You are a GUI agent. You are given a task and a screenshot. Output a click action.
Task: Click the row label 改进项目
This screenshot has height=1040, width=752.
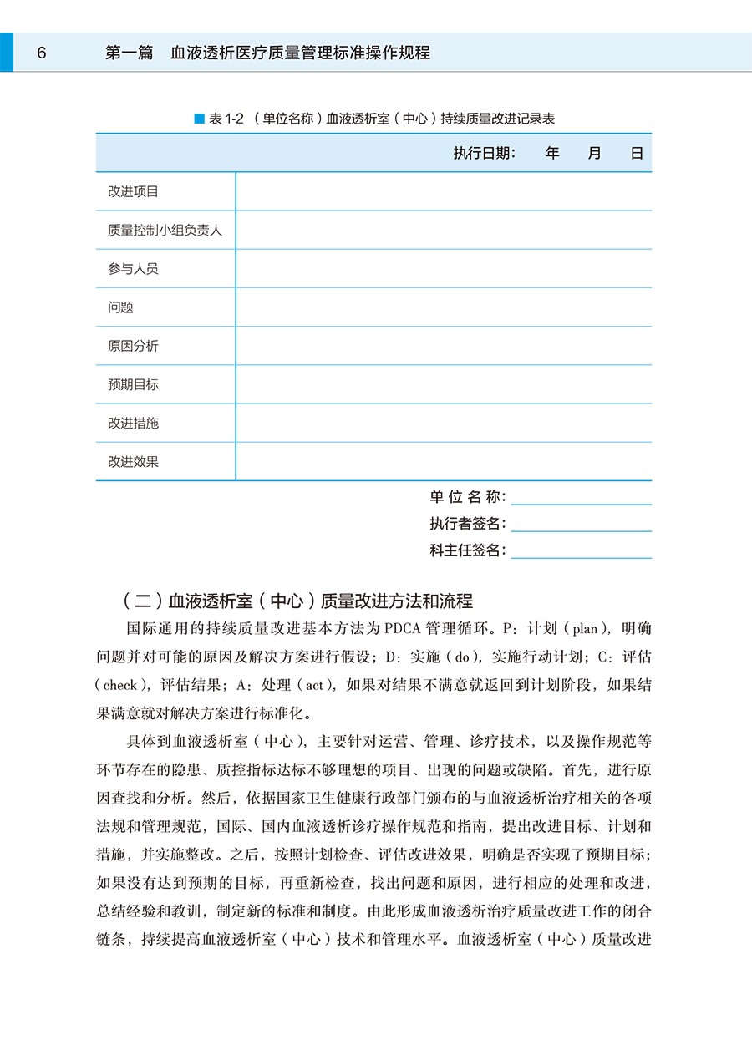pos(133,191)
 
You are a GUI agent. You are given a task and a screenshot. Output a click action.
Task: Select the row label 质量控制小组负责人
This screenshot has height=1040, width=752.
pos(165,230)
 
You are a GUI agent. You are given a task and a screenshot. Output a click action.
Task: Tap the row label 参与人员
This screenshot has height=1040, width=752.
pos(133,268)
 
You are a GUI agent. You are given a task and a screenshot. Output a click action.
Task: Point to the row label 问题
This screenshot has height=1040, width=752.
pos(120,307)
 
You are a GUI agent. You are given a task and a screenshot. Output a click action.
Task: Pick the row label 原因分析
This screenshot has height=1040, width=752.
pos(133,346)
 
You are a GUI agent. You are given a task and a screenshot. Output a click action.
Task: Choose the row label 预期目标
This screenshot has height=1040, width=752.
pos(133,384)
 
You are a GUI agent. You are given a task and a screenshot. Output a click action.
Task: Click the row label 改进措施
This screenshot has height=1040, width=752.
pos(133,423)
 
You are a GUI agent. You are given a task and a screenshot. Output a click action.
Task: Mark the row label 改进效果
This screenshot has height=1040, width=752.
pos(133,461)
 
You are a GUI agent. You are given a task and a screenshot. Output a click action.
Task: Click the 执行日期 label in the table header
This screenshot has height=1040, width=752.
pos(485,154)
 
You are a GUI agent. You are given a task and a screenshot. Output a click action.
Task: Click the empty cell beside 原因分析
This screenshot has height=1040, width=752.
pos(444,346)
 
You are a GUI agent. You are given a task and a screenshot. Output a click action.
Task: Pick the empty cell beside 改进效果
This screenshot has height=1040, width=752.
pos(444,461)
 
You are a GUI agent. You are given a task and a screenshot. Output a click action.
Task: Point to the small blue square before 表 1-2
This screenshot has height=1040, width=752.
pos(199,119)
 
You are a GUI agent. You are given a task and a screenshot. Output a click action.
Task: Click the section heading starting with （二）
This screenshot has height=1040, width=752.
pos(297,601)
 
